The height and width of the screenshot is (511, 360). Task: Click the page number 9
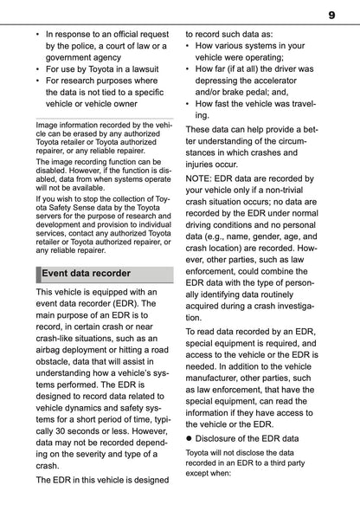(331, 16)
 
